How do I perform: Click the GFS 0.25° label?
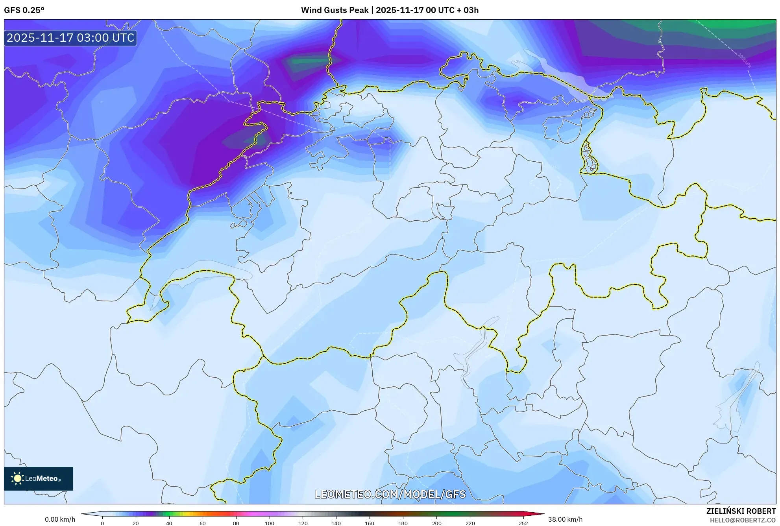click(x=24, y=10)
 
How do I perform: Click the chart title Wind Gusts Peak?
click(x=390, y=10)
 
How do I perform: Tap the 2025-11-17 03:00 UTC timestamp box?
click(x=70, y=38)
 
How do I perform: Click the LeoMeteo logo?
click(x=39, y=478)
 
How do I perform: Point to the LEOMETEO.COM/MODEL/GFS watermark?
click(x=390, y=494)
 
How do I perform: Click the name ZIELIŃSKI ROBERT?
click(x=741, y=511)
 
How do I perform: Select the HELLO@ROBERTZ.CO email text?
click(x=743, y=520)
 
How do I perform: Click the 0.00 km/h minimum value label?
click(x=60, y=519)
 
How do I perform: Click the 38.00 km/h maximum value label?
click(x=565, y=519)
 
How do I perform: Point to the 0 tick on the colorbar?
click(x=102, y=523)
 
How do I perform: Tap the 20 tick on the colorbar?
click(x=136, y=523)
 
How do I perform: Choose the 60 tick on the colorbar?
click(x=202, y=523)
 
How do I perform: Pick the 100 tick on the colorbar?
click(x=269, y=523)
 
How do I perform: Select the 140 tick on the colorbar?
click(x=336, y=523)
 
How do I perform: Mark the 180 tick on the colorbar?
click(x=403, y=523)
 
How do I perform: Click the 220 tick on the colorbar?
click(x=470, y=523)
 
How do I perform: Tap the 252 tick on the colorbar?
click(x=523, y=523)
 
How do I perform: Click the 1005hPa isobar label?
click(x=744, y=60)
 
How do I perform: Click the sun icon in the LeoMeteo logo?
click(x=17, y=478)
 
